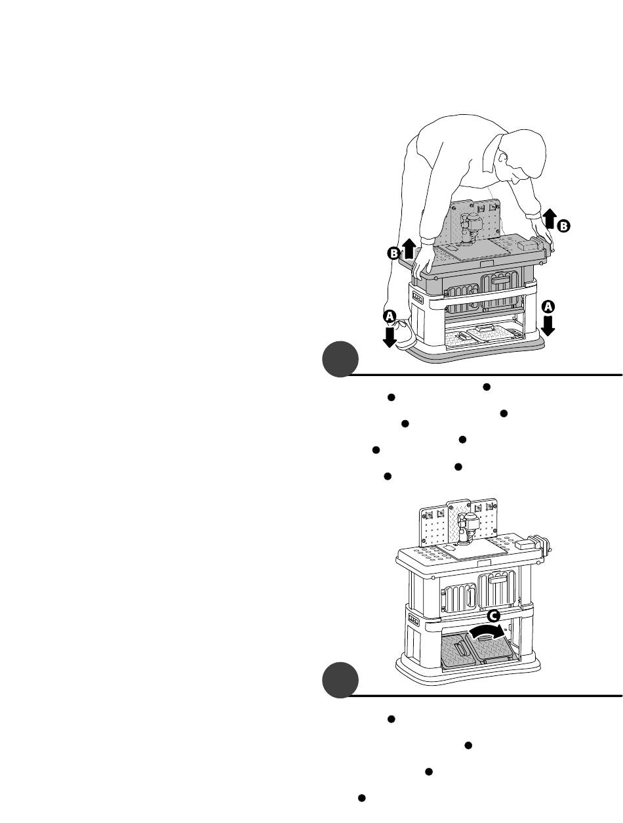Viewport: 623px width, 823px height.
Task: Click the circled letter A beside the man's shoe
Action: pos(390,316)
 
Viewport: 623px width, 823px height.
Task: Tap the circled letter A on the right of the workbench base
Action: pos(548,306)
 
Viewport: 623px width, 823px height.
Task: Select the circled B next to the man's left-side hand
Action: pos(393,253)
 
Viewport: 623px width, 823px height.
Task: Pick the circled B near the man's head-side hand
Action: pos(563,226)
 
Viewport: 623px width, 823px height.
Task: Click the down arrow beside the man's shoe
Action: pos(390,337)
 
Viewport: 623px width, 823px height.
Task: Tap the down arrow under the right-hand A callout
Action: pos(548,326)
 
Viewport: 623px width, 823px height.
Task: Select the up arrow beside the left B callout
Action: pos(409,249)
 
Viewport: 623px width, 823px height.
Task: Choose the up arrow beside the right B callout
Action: pos(550,219)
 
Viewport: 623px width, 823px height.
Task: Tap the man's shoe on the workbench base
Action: pos(403,335)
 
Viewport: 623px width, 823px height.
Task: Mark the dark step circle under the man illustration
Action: pos(340,359)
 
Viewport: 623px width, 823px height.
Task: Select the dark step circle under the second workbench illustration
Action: pos(340,680)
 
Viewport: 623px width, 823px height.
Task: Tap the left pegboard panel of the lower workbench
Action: pos(433,526)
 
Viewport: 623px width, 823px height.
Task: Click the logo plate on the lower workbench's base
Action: pos(414,620)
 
